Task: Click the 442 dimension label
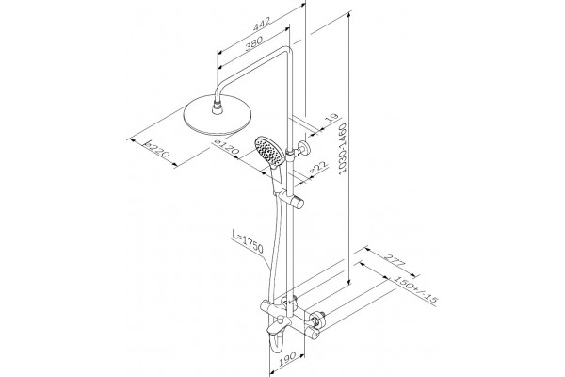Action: (261, 24)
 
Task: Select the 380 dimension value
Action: (253, 43)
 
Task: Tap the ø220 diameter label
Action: (156, 149)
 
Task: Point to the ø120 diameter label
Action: (227, 147)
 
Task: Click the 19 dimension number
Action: (333, 119)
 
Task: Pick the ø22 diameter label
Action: (318, 169)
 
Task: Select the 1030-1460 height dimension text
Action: (343, 148)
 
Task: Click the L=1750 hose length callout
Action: (248, 242)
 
